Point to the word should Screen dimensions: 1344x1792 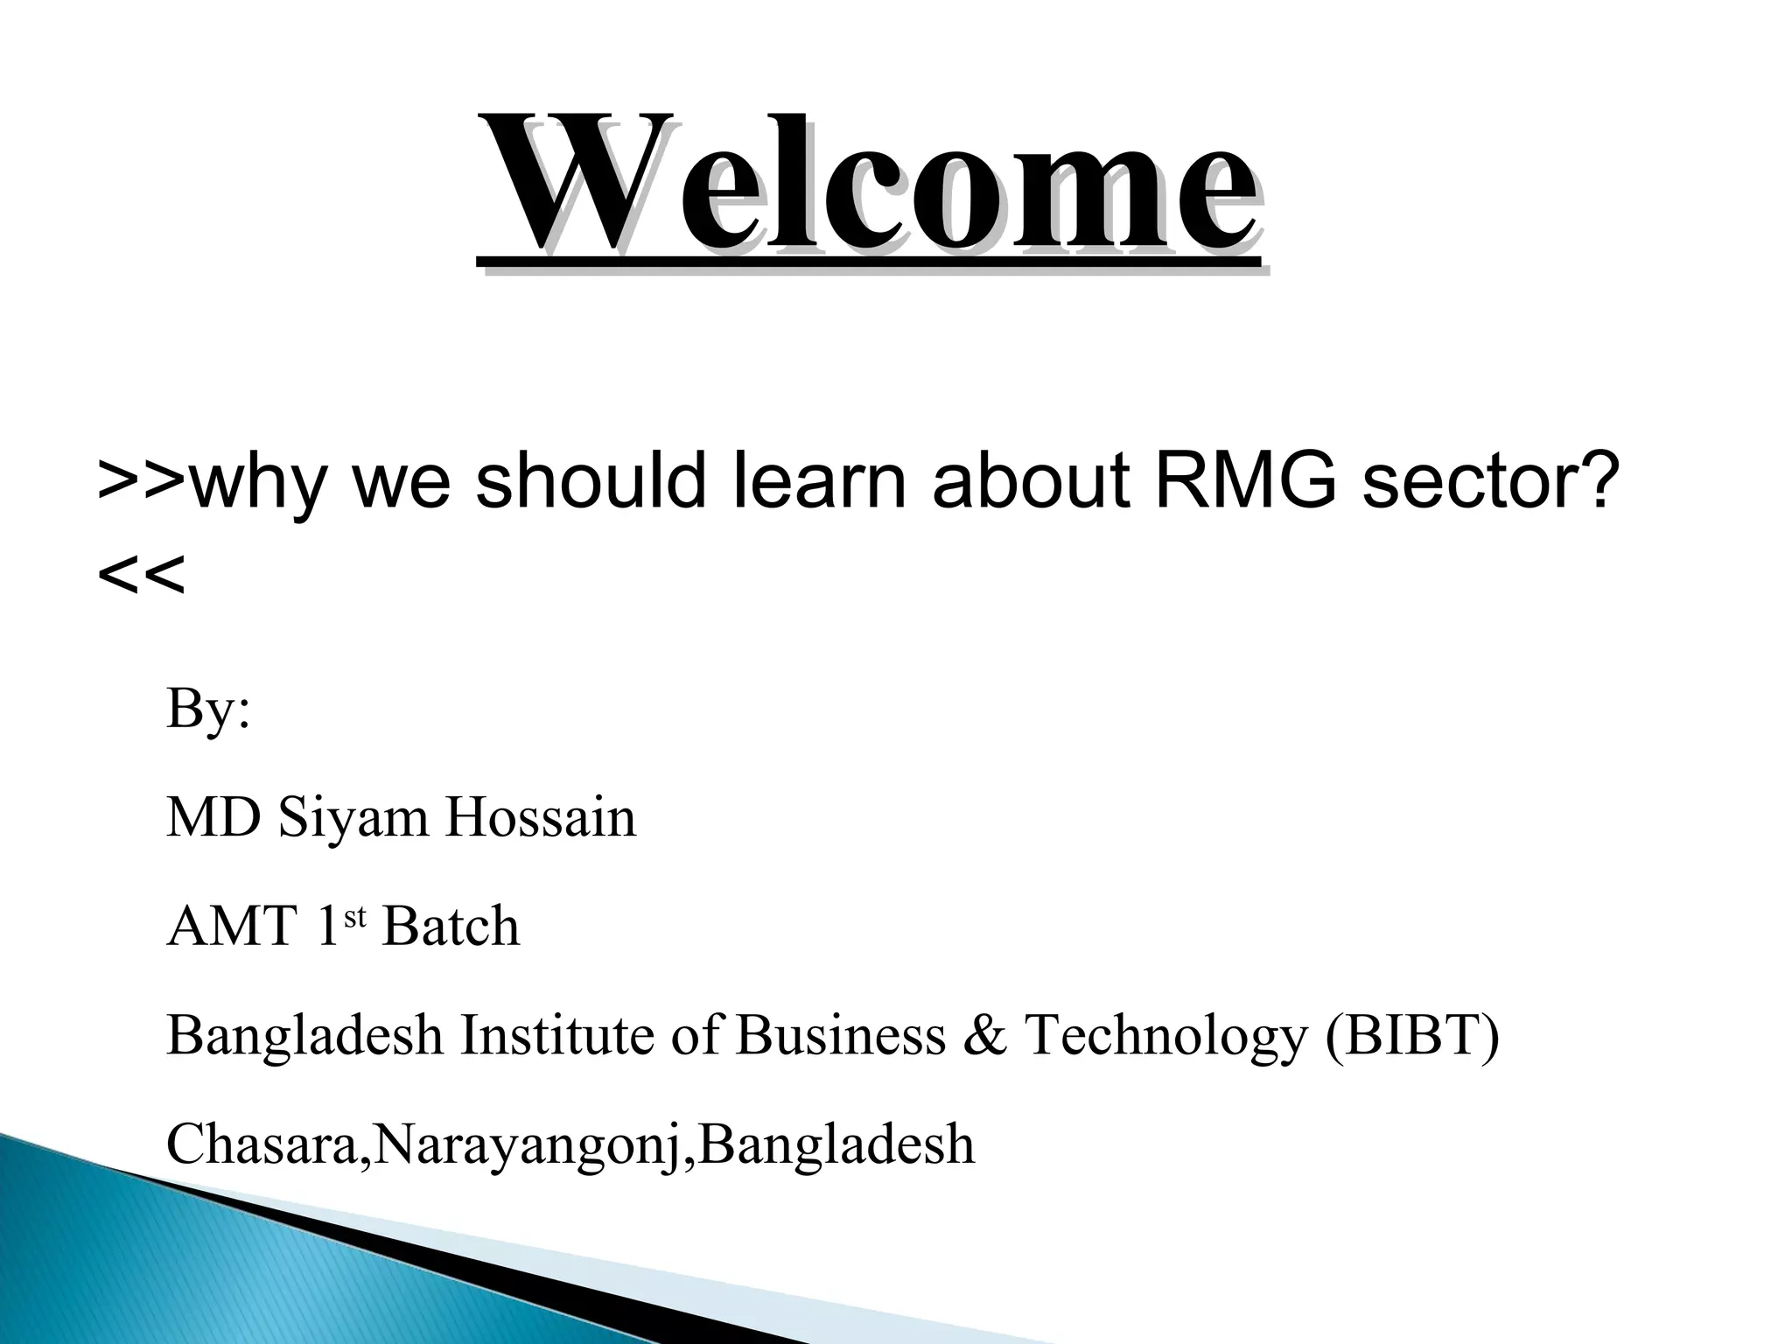point(590,480)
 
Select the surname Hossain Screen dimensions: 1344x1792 point(540,817)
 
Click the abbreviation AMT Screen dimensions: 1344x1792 point(231,927)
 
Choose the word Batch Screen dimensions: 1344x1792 point(451,927)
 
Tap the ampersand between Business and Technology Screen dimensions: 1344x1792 point(985,1035)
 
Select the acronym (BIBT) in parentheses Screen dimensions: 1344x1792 point(1412,1035)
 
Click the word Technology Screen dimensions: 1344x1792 point(1165,1035)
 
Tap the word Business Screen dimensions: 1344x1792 point(841,1035)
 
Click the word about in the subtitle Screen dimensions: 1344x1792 point(1032,480)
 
